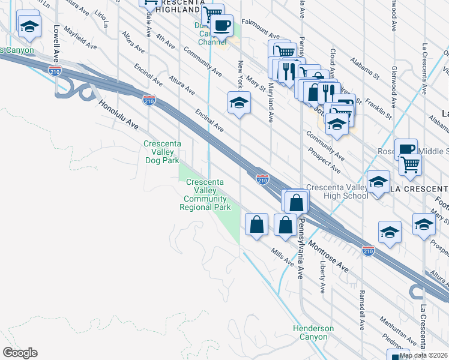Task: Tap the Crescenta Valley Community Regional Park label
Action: pos(206,194)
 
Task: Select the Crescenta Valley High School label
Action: pos(337,191)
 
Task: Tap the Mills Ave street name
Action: pos(282,259)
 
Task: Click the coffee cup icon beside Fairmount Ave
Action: pos(222,26)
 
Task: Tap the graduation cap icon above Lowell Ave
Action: pos(29,26)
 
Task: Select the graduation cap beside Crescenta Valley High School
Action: pos(378,182)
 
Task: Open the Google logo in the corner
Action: pos(20,353)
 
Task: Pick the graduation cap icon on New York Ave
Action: pos(239,103)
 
